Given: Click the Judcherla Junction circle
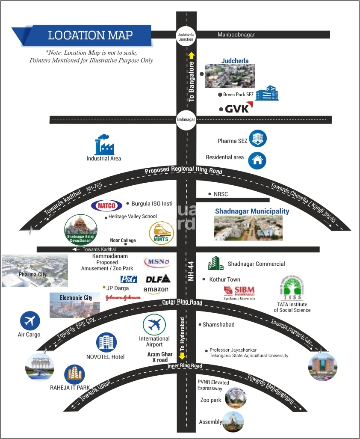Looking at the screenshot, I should (186, 36).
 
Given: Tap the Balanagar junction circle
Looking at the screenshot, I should (186, 120).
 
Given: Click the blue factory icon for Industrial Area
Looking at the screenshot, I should (104, 145).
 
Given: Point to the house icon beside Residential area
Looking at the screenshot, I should (257, 160).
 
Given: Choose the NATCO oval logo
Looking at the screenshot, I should (106, 205).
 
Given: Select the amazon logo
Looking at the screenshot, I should (156, 290).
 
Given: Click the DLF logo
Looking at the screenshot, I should (158, 279).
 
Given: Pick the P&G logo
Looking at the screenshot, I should (128, 279).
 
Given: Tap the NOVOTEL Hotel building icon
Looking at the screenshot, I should (105, 343).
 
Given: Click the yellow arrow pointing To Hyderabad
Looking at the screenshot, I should (182, 355).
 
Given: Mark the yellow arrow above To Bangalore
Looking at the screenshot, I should (192, 55).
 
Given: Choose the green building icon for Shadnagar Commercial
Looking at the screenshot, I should (215, 264).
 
